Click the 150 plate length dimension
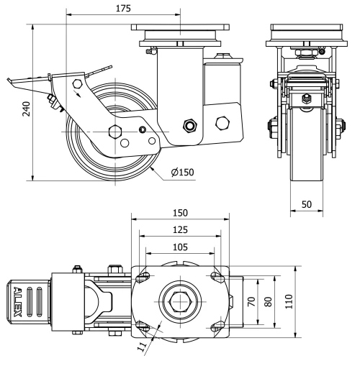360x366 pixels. [180, 213]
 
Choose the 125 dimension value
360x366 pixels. [180, 229]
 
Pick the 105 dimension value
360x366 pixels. [180, 247]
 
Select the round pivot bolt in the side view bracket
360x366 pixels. [190, 126]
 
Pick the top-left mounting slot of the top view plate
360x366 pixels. [144, 277]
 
